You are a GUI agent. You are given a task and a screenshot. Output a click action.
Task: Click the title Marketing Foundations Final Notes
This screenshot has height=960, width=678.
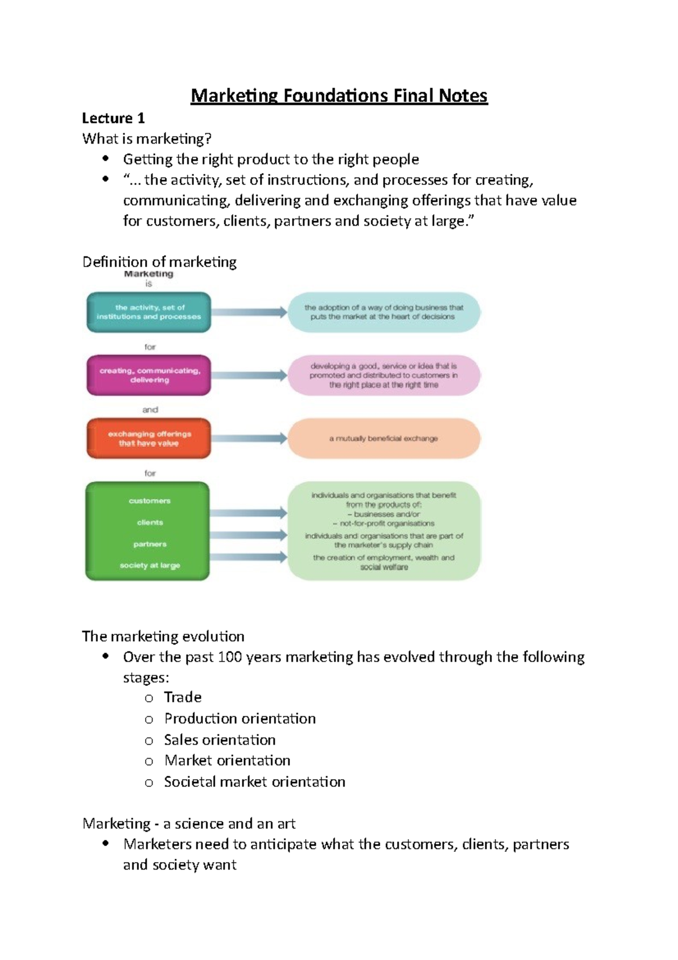tap(339, 96)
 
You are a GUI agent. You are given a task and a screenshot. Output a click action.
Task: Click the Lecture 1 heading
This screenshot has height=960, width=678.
tap(114, 118)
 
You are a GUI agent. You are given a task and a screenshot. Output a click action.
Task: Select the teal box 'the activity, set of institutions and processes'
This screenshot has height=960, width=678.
tap(149, 312)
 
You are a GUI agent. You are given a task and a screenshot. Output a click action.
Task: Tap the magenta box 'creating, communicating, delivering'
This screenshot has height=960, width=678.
tap(149, 375)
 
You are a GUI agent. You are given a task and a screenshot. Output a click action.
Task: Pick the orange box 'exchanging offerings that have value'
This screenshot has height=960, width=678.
tap(149, 439)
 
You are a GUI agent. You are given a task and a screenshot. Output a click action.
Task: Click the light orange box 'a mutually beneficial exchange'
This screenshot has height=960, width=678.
tap(384, 438)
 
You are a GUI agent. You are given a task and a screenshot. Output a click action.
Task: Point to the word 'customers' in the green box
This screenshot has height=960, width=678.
tap(149, 501)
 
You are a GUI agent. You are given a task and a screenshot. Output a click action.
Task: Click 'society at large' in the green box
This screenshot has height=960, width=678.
tap(150, 565)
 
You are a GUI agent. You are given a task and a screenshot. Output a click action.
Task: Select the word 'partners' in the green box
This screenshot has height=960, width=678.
tap(150, 544)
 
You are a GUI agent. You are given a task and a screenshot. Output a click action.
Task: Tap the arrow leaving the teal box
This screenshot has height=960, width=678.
tap(249, 312)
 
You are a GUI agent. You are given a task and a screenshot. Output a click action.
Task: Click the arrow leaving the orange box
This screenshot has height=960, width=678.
tap(249, 438)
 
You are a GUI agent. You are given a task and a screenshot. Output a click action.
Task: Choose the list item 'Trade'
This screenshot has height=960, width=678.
tap(182, 697)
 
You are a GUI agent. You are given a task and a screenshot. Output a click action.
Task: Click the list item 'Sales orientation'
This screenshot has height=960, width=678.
tap(220, 740)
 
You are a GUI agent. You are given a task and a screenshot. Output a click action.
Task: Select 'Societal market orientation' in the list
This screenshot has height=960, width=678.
tap(254, 782)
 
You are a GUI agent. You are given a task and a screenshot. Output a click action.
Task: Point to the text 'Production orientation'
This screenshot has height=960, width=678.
tap(240, 719)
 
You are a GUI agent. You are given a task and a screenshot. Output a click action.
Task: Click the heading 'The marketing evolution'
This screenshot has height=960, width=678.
tap(163, 637)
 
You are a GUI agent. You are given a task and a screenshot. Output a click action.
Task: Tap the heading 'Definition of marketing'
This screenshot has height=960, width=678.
tap(159, 262)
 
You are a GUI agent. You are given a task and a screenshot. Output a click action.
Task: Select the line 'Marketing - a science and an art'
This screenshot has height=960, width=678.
tap(189, 824)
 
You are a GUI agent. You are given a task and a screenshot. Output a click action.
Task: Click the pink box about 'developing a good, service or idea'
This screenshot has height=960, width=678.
tap(384, 375)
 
